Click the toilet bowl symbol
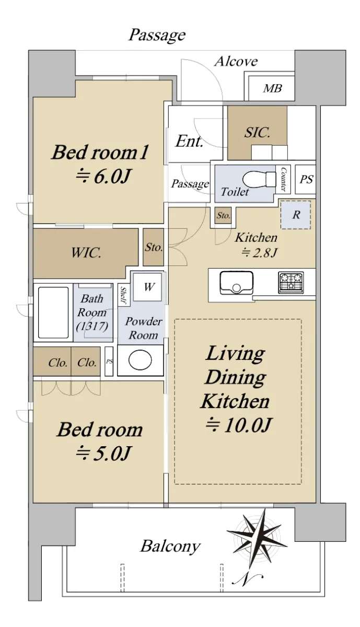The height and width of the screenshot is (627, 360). coord(259,179)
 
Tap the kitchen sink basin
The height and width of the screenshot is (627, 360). coord(237,283)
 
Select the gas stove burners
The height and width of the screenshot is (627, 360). coord(291,283)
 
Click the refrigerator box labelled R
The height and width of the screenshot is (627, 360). coord(296,215)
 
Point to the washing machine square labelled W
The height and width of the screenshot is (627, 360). coord(147,287)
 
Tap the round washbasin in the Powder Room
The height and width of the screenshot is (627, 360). coord(140,360)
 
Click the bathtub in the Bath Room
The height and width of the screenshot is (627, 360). coord(53,312)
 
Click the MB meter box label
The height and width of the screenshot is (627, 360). coord(272,88)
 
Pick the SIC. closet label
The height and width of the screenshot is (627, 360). coord(257,132)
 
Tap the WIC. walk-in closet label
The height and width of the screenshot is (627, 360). coord(86,253)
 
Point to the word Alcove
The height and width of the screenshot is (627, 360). coord(236,61)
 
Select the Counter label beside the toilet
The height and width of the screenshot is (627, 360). coord(283,179)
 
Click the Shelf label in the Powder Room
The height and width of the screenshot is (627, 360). coord(123,296)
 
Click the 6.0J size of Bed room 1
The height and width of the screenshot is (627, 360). coord(103,177)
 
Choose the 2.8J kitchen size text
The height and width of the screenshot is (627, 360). coord(259,253)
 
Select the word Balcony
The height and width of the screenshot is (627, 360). coord(170,546)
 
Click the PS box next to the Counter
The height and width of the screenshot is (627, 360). coord(306,179)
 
